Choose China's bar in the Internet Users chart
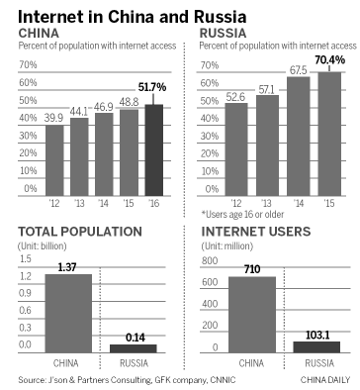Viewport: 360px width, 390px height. (x=252, y=315)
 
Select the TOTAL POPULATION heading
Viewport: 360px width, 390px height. (x=70, y=234)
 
